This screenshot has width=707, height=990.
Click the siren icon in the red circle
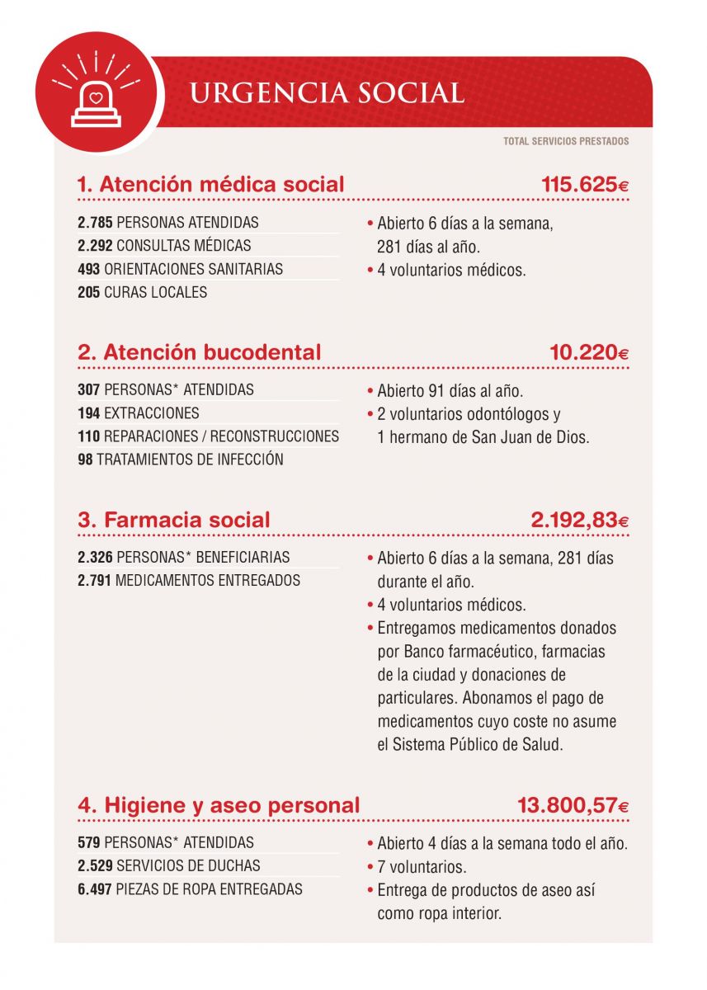pyautogui.click(x=97, y=94)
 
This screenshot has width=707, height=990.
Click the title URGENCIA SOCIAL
pyautogui.click(x=327, y=93)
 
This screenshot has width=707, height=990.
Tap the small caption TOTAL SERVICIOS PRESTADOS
pyautogui.click(x=566, y=142)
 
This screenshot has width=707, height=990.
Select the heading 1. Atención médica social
pyautogui.click(x=210, y=185)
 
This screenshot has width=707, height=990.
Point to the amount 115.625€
pyautogui.click(x=585, y=185)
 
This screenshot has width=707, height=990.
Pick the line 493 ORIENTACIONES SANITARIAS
pyautogui.click(x=180, y=269)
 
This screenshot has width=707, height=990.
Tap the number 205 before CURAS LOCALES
pyautogui.click(x=89, y=292)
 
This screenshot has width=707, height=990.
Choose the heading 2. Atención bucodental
pyautogui.click(x=199, y=352)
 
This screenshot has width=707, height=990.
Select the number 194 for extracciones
pyautogui.click(x=89, y=412)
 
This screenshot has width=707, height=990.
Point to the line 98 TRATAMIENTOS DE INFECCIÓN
pyautogui.click(x=180, y=460)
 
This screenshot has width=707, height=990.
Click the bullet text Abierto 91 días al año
pyautogui.click(x=450, y=391)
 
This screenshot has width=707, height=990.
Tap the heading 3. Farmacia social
pyautogui.click(x=173, y=520)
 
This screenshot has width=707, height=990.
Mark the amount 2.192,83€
pyautogui.click(x=579, y=521)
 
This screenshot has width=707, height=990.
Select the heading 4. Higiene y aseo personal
pyautogui.click(x=219, y=804)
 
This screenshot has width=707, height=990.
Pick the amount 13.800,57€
pyautogui.click(x=573, y=805)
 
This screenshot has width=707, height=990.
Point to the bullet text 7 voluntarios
pyautogui.click(x=422, y=868)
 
